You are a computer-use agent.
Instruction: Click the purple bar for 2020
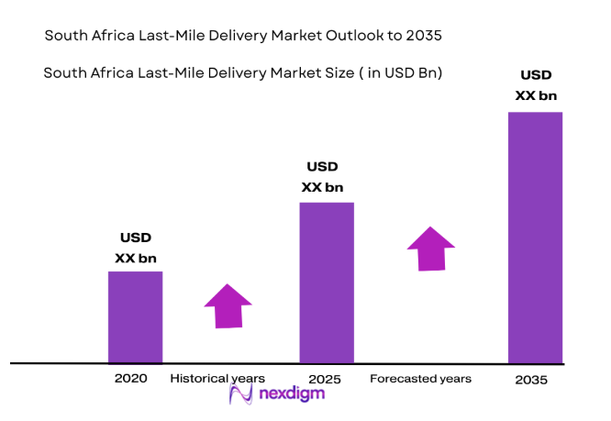pyautogui.click(x=135, y=316)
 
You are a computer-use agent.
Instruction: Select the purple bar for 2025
pyautogui.click(x=327, y=283)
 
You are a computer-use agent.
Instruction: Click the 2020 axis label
pyautogui.click(x=130, y=378)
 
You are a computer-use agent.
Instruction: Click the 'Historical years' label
pyautogui.click(x=217, y=378)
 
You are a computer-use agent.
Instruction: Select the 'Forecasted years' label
pyautogui.click(x=420, y=378)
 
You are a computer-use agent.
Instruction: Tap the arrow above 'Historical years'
pyautogui.click(x=227, y=305)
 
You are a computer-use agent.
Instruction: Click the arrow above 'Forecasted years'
pyautogui.click(x=430, y=249)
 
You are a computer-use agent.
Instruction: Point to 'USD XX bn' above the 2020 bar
pyautogui.click(x=136, y=248)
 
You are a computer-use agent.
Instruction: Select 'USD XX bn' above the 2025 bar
pyautogui.click(x=322, y=177)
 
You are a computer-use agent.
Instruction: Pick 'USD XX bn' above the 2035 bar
pyautogui.click(x=537, y=85)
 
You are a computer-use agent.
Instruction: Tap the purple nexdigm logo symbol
pyautogui.click(x=240, y=393)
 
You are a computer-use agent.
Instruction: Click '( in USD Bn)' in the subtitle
pyautogui.click(x=400, y=73)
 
